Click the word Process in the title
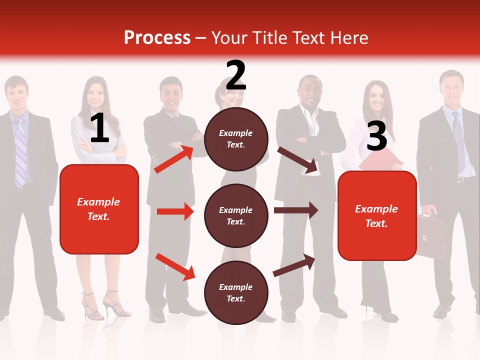(x=157, y=38)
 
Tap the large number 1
(x=99, y=128)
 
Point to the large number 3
(x=376, y=136)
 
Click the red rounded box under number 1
(x=99, y=209)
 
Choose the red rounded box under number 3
(x=377, y=215)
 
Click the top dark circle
(x=236, y=138)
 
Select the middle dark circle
(x=236, y=215)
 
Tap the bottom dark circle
(x=236, y=292)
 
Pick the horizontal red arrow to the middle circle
(x=175, y=211)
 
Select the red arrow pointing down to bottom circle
(x=175, y=266)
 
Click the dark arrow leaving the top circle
(x=297, y=160)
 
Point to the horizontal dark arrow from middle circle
(x=296, y=210)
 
